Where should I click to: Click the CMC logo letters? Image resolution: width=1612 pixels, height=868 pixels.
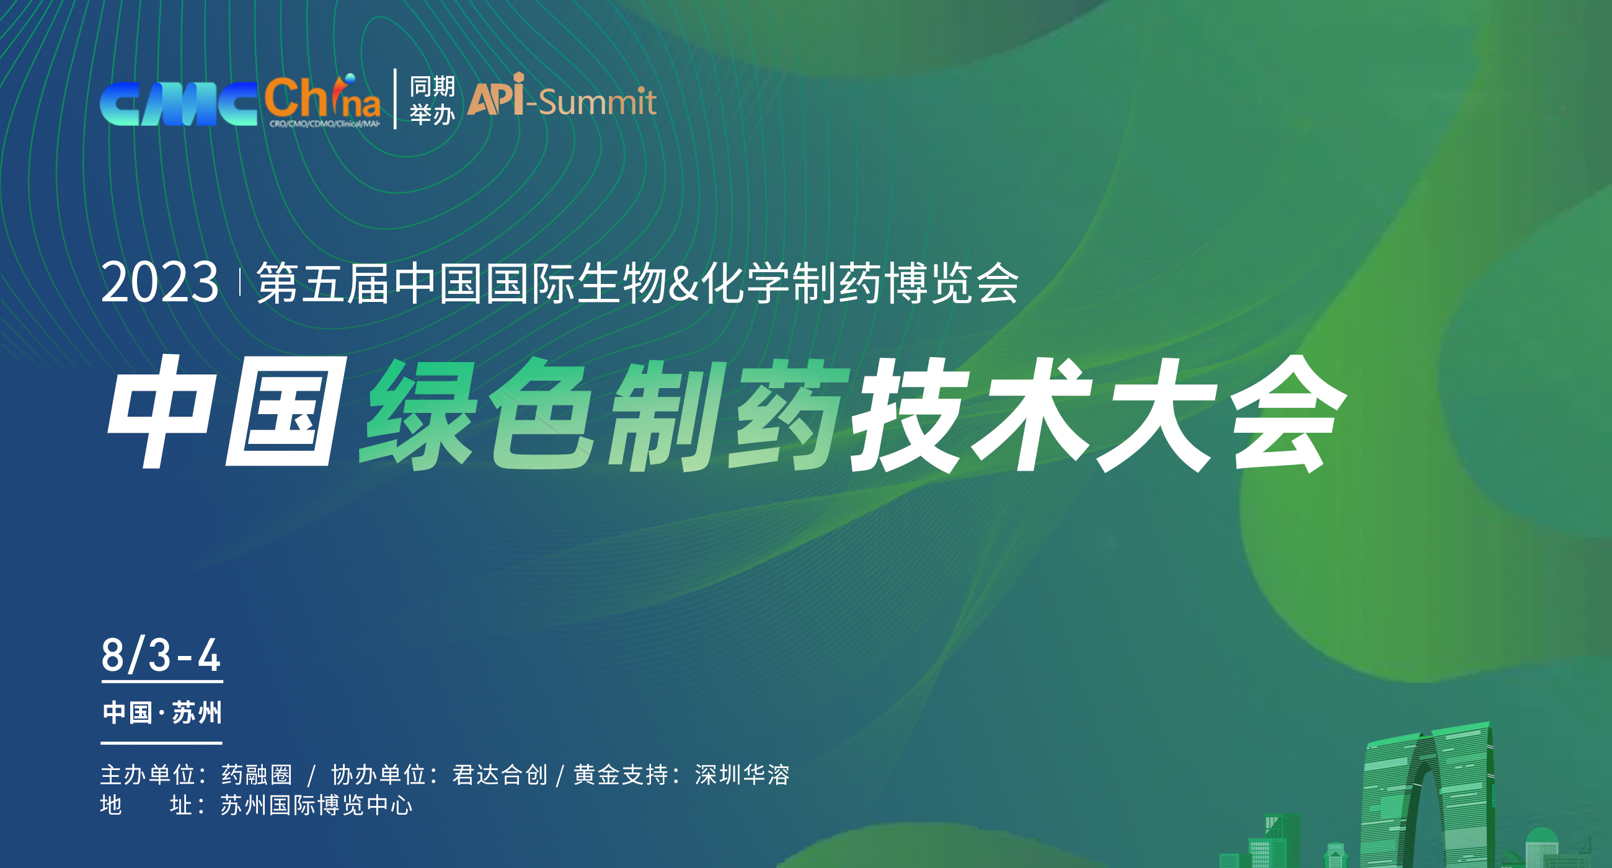point(179,104)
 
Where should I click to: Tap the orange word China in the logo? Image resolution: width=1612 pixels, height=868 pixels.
point(322,99)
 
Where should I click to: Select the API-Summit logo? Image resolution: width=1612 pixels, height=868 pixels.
point(561,97)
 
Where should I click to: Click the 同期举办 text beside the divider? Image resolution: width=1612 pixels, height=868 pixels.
point(432,100)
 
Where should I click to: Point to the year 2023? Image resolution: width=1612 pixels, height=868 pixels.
point(159,283)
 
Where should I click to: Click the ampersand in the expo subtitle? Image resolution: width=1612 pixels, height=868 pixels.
point(683,283)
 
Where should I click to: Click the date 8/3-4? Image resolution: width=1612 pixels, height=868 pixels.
point(161,655)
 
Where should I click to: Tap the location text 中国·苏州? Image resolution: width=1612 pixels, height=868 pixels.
point(162,713)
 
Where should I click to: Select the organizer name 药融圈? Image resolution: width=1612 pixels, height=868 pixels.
point(257,775)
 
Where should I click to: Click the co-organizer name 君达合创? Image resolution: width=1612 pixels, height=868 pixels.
point(499,775)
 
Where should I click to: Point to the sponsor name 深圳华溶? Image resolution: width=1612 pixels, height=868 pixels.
point(742,775)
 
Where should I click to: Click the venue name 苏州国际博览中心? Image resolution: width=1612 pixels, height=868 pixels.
point(316,805)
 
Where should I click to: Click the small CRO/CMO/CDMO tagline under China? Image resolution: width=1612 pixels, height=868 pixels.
point(324,124)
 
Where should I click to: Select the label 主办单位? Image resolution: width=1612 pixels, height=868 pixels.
point(148,775)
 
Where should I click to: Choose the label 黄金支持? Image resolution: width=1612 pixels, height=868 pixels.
point(621,775)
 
